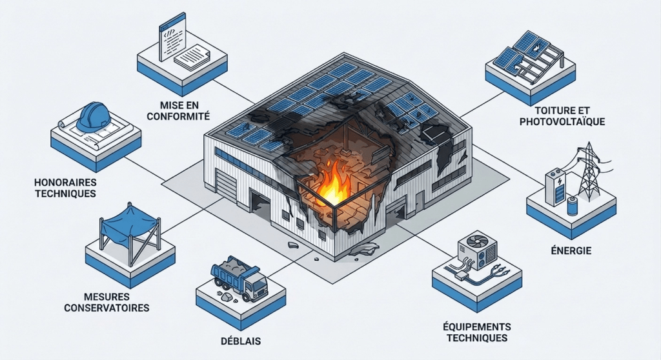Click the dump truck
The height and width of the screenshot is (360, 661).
(239, 278)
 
